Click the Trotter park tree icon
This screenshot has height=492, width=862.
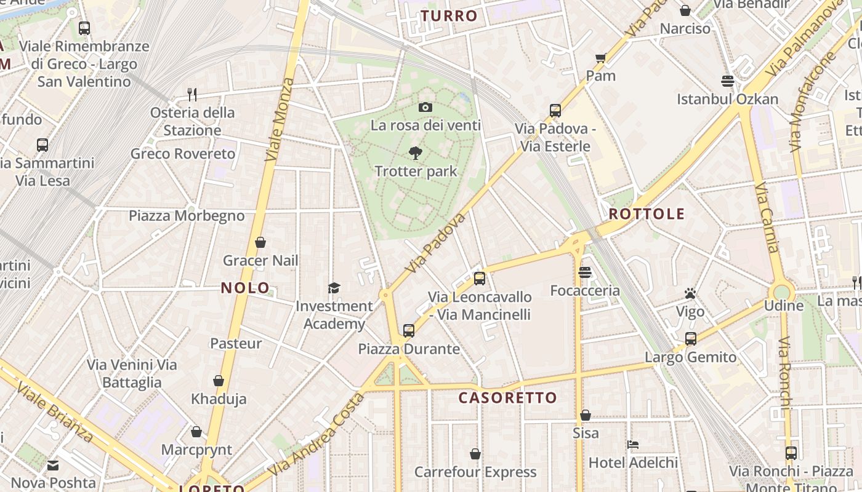(416, 153)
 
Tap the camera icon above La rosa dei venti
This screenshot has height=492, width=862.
(425, 108)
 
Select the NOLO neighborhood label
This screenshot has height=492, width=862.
(245, 288)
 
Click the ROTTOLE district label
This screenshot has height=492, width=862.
(647, 214)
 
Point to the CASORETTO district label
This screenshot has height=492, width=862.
(507, 398)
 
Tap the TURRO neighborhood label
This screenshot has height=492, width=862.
(449, 16)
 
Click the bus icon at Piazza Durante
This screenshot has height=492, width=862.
(409, 331)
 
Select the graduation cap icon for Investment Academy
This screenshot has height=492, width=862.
(334, 288)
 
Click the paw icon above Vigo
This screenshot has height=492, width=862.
(690, 294)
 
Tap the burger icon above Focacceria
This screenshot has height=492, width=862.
(585, 272)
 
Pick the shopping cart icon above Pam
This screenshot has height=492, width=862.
(600, 58)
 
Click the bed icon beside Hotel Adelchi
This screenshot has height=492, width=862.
(633, 445)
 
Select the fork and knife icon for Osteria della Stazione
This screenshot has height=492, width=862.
(192, 94)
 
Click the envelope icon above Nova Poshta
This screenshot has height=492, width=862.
(53, 466)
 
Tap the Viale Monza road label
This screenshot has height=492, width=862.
(280, 120)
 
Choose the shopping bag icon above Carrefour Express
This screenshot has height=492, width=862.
(475, 454)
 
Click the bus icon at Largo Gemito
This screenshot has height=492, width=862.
(691, 339)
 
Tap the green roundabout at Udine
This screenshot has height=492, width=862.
(782, 292)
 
